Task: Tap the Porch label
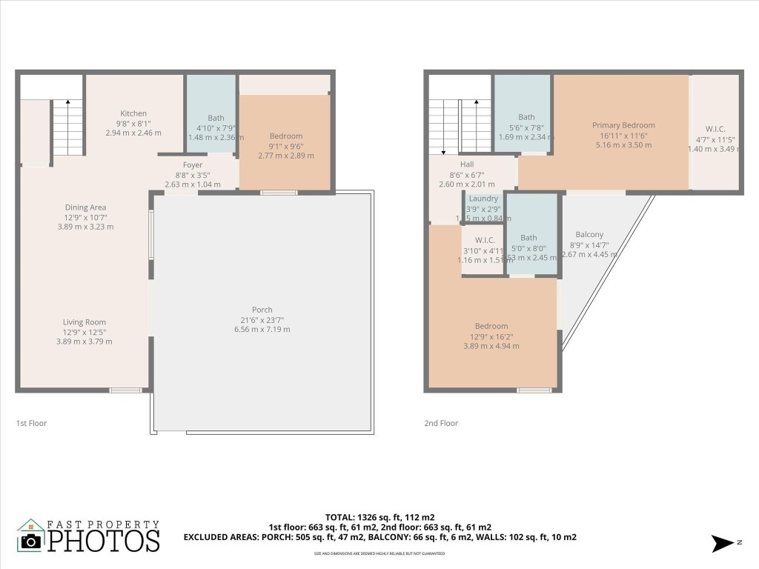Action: pyautogui.click(x=262, y=310)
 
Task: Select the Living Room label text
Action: pyautogui.click(x=84, y=322)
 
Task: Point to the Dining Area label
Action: pyautogui.click(x=85, y=207)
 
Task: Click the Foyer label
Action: pyautogui.click(x=193, y=165)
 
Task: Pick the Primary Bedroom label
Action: pyautogui.click(x=623, y=125)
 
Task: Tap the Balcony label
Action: pyautogui.click(x=589, y=235)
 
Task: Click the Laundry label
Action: pyautogui.click(x=483, y=199)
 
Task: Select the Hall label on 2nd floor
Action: pyautogui.click(x=466, y=164)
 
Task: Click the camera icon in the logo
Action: pyautogui.click(x=31, y=540)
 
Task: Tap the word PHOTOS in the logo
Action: pyautogui.click(x=104, y=540)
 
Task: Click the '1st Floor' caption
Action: pyautogui.click(x=32, y=423)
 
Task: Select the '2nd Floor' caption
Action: pyautogui.click(x=441, y=423)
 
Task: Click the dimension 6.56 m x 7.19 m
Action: pyautogui.click(x=262, y=329)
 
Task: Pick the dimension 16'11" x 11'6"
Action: pyautogui.click(x=623, y=136)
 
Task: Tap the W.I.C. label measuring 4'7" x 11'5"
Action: pyautogui.click(x=715, y=129)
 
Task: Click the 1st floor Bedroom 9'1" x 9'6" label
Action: pyautogui.click(x=285, y=136)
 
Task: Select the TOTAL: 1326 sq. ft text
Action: pyautogui.click(x=379, y=516)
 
